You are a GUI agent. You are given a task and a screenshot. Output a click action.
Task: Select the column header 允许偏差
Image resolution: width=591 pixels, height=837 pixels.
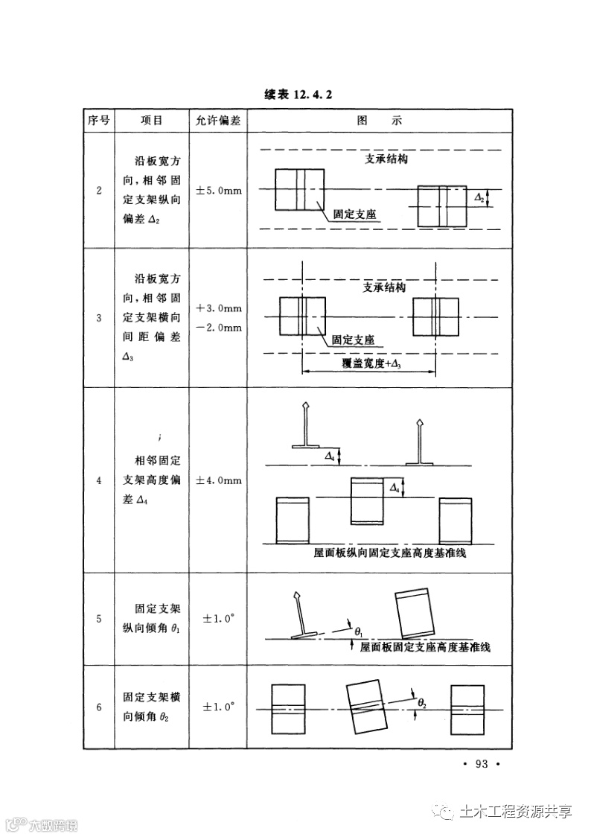point(218,120)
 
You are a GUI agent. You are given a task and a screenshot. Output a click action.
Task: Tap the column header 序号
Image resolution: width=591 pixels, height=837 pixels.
point(99,120)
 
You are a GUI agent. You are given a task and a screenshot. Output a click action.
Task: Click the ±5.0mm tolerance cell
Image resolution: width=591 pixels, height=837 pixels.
point(218,191)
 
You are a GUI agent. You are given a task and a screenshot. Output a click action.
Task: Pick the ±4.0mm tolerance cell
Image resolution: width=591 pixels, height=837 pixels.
point(218,481)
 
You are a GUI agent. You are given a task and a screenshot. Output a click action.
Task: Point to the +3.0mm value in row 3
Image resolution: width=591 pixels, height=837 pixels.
point(219,308)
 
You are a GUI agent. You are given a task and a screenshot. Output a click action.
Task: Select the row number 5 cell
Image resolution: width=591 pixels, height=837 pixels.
point(99,619)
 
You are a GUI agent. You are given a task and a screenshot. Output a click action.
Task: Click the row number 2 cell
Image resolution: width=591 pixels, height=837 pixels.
point(99,191)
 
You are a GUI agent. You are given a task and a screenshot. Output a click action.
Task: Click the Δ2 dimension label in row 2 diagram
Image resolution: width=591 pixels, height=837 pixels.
point(480,198)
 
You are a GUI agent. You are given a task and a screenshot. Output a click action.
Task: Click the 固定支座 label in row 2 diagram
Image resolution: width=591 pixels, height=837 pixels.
point(354,215)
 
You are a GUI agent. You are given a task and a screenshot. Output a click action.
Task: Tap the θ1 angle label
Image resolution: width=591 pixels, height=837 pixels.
point(359,631)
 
